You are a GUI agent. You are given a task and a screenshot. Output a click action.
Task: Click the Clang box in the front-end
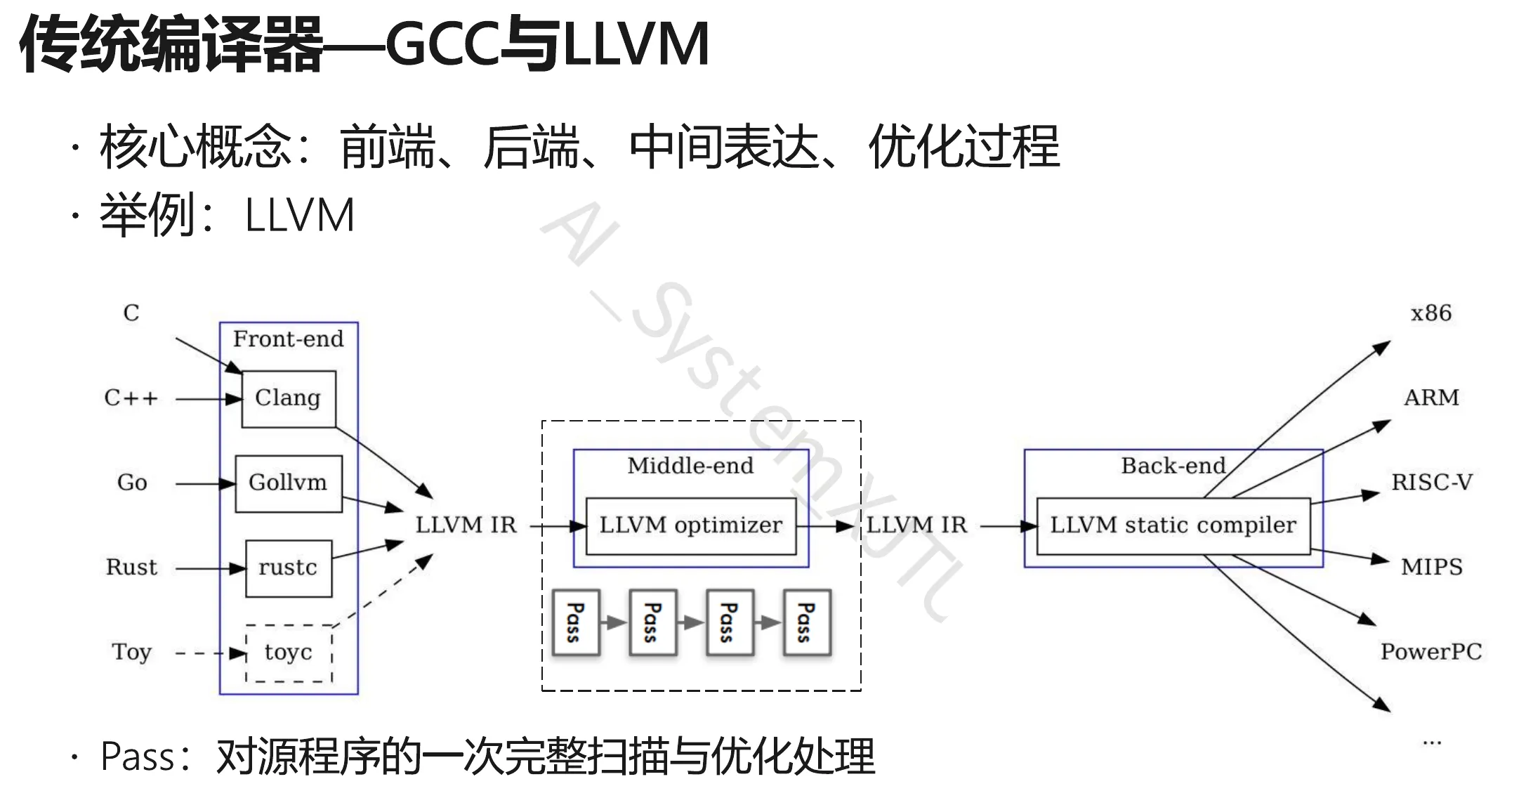288,398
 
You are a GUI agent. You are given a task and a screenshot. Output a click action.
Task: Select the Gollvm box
288,483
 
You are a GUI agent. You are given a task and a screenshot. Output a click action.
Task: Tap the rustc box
288,568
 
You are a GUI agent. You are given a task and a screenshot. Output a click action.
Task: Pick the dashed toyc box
288,653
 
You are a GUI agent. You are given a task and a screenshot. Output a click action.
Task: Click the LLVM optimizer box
690,525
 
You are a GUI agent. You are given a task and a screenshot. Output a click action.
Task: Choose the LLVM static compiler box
1173,525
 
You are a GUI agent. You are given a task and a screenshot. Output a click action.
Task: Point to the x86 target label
1430,313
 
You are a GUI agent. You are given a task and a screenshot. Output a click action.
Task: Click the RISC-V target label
1432,483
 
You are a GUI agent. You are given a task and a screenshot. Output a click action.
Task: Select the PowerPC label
1430,652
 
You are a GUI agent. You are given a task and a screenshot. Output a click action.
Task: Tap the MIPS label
1431,567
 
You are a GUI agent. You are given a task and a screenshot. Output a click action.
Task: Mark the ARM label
1430,398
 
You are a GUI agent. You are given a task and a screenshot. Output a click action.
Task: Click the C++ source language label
131,398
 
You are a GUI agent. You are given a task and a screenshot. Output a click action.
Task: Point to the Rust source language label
131,568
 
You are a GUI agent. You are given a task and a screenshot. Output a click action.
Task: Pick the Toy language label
131,653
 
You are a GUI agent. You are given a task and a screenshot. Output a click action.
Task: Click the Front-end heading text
288,339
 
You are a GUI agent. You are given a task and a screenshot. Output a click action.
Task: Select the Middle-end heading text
690,466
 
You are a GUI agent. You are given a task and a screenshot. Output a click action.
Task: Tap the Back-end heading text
1173,466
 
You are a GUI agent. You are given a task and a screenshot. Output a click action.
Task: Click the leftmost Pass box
576,622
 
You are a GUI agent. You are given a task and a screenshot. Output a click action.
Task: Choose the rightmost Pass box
807,622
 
